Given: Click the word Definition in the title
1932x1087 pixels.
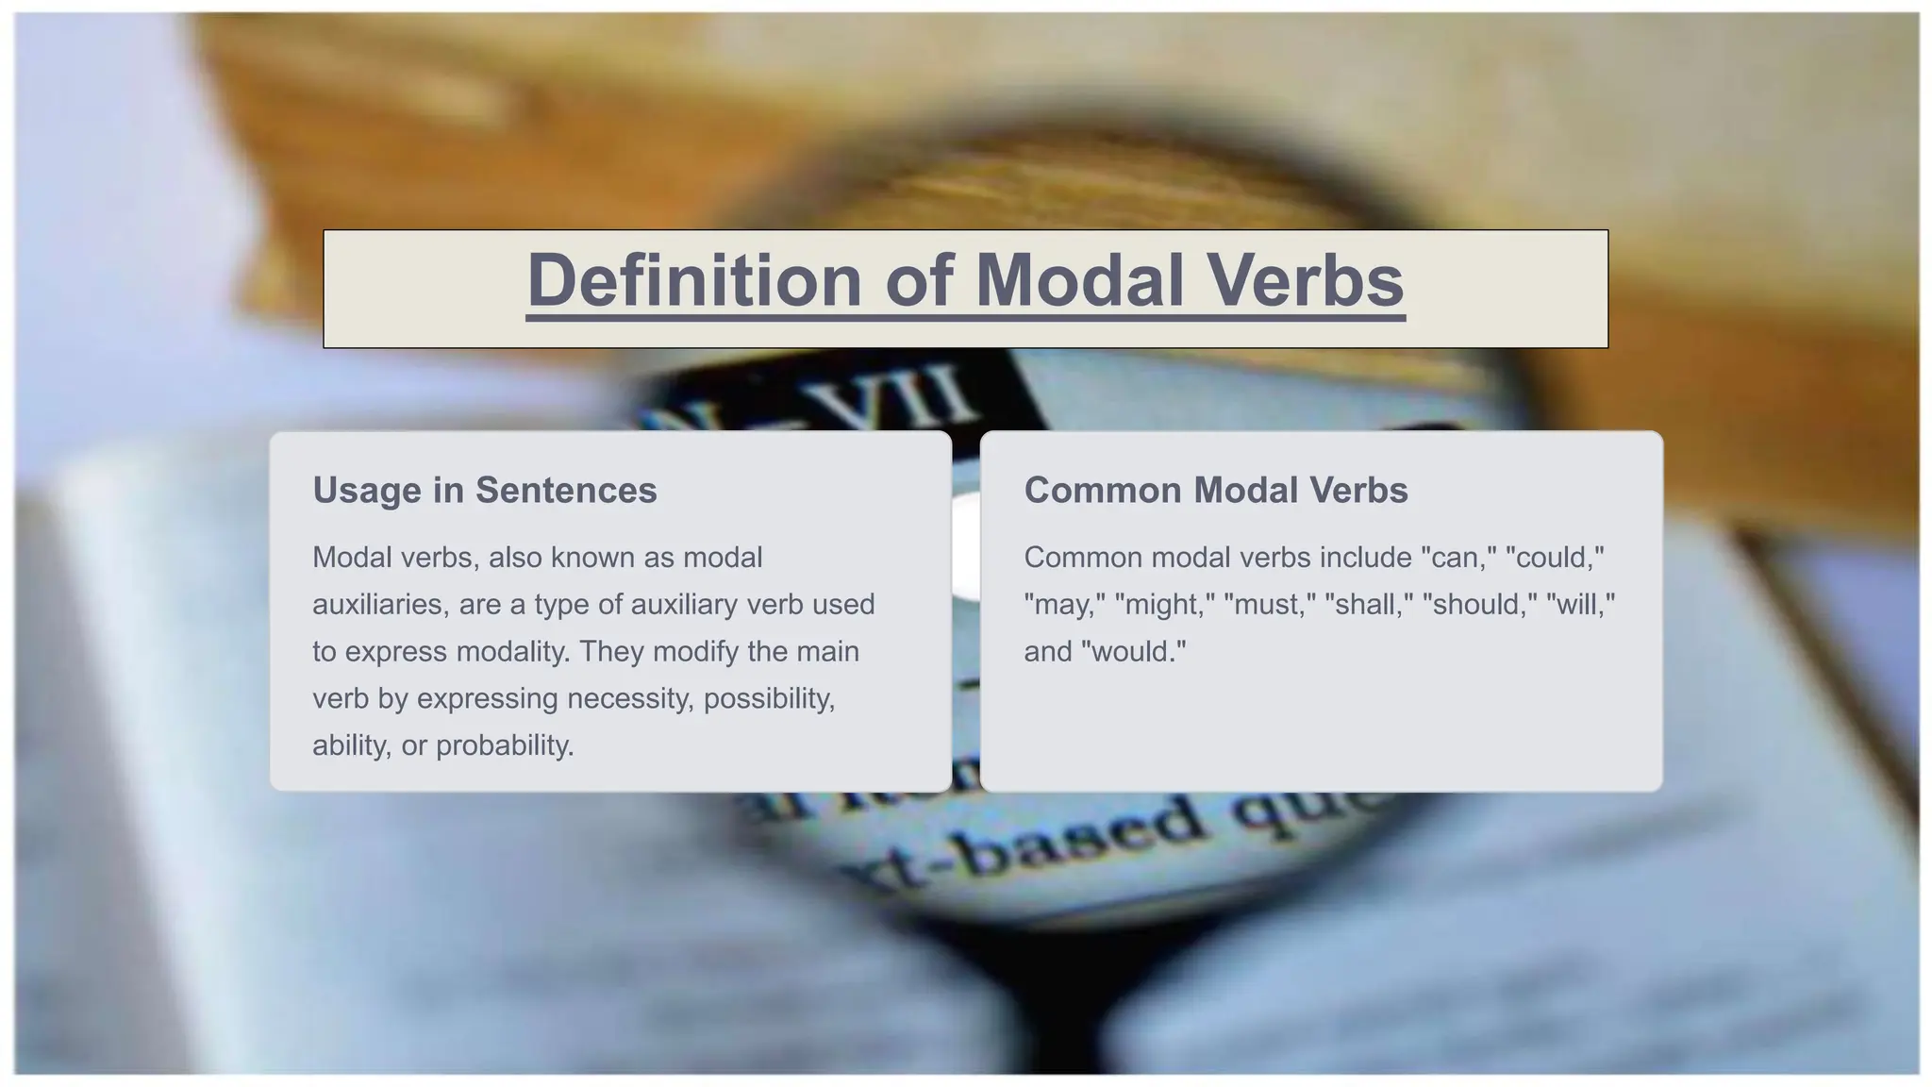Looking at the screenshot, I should click(693, 280).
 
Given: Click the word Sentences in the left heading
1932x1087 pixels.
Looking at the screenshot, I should click(566, 491).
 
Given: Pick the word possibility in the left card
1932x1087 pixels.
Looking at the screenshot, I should click(769, 699).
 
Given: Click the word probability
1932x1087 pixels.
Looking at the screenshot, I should click(505, 746).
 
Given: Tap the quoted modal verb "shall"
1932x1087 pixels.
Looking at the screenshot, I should click(1368, 605).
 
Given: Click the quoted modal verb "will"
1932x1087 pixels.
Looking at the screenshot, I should click(1581, 605).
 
